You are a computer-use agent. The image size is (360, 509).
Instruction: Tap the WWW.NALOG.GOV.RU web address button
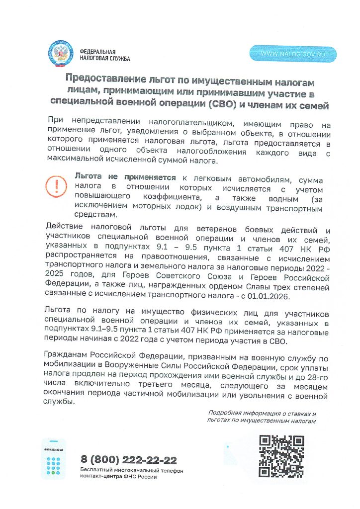[x=293, y=54]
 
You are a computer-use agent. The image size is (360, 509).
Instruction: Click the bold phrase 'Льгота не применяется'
[x=125, y=177]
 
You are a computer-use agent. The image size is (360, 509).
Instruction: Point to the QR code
[x=282, y=456]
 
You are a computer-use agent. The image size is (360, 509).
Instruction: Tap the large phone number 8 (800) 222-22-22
[x=128, y=460]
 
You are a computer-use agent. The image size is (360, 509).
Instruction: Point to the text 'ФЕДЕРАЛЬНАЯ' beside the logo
[x=98, y=52]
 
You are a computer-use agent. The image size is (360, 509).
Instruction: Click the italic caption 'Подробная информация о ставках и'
[x=262, y=413]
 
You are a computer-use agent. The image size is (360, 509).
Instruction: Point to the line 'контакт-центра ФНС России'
[x=118, y=476]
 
